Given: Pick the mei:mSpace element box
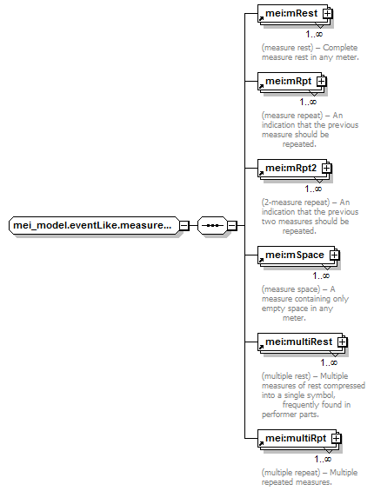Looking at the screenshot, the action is (x=297, y=255).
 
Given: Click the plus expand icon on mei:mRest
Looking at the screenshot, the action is (x=328, y=13).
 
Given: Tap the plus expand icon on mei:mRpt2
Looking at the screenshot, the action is (x=327, y=168).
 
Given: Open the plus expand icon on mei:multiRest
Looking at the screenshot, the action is (x=343, y=342).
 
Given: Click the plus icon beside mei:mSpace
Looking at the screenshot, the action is (x=335, y=255).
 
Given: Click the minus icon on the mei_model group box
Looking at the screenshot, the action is (x=184, y=225).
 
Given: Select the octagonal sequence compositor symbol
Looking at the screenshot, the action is (x=212, y=225).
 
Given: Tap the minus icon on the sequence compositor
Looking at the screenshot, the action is (x=231, y=225).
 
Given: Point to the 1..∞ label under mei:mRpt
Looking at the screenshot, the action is (x=308, y=102).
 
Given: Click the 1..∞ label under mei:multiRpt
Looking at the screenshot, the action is (x=323, y=459).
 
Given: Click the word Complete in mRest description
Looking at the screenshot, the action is (x=340, y=48).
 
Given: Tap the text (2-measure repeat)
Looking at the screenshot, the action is (x=296, y=202).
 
